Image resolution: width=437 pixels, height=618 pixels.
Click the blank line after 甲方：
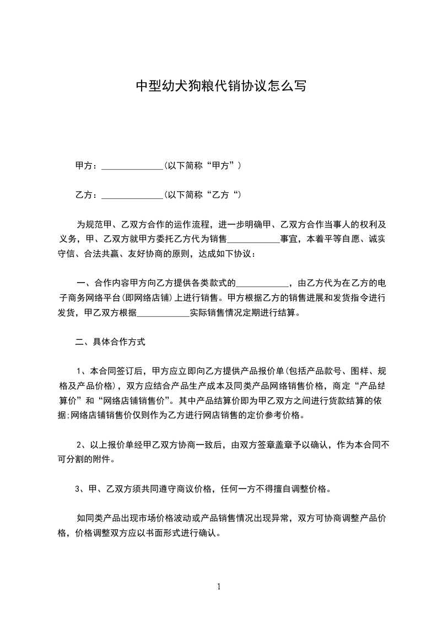[132, 166]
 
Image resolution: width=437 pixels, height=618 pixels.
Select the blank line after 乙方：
[132, 196]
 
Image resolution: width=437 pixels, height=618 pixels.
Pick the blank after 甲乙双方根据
[163, 313]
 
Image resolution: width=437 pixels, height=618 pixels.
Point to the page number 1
[219, 587]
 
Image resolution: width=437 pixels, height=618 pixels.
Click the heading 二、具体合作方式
[110, 342]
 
